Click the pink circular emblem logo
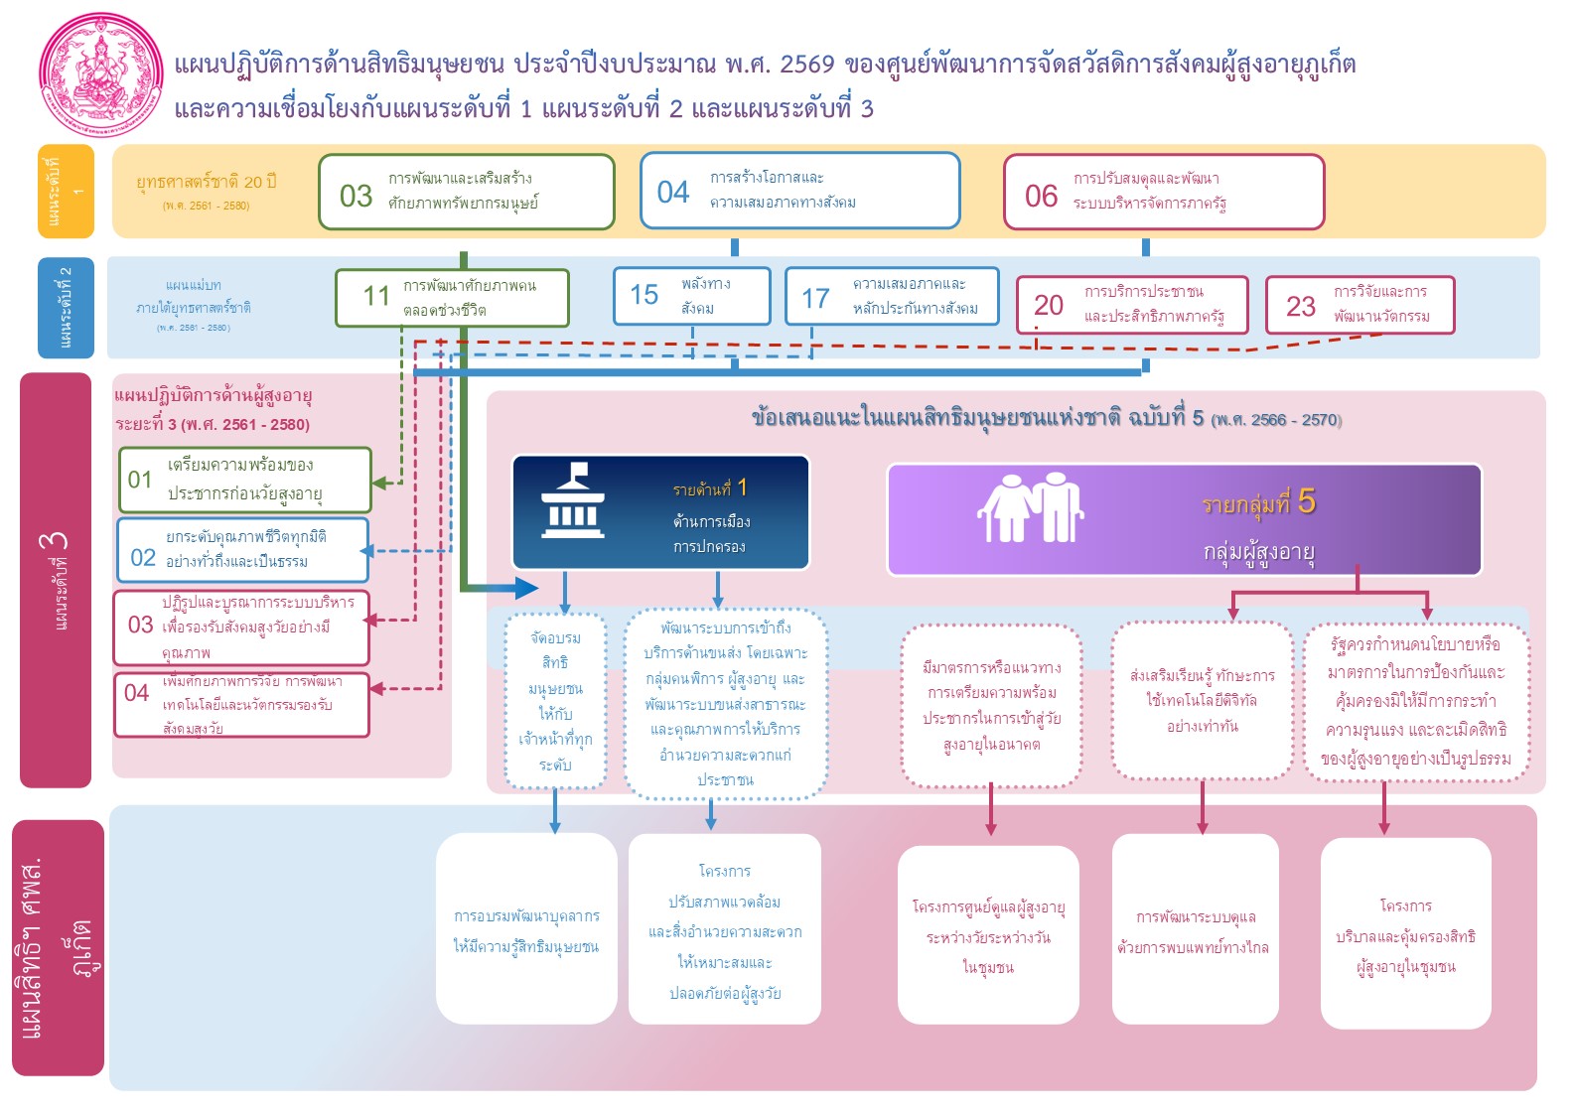pyautogui.click(x=101, y=75)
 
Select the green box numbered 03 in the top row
pyautogui.click(x=466, y=192)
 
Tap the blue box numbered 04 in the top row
pyautogui.click(x=799, y=191)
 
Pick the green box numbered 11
pyautogui.click(x=452, y=298)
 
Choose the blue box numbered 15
pyautogui.click(x=691, y=296)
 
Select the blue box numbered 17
pyautogui.click(x=891, y=296)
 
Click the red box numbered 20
pyautogui.click(x=1131, y=305)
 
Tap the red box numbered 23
pyautogui.click(x=1359, y=305)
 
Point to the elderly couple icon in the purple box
pyautogui.click(x=1030, y=507)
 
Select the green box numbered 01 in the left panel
pyautogui.click(x=244, y=480)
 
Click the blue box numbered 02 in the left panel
pyautogui.click(x=242, y=549)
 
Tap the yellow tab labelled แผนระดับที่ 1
pyautogui.click(x=66, y=192)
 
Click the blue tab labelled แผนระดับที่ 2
pyautogui.click(x=66, y=307)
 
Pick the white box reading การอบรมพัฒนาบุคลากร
pyautogui.click(x=526, y=929)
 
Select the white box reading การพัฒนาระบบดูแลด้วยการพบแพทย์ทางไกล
pyautogui.click(x=1195, y=929)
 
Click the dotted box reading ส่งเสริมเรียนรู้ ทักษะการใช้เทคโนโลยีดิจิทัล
pyautogui.click(x=1202, y=701)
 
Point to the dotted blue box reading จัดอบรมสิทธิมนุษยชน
pyautogui.click(x=555, y=701)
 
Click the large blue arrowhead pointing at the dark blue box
pyautogui.click(x=526, y=588)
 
